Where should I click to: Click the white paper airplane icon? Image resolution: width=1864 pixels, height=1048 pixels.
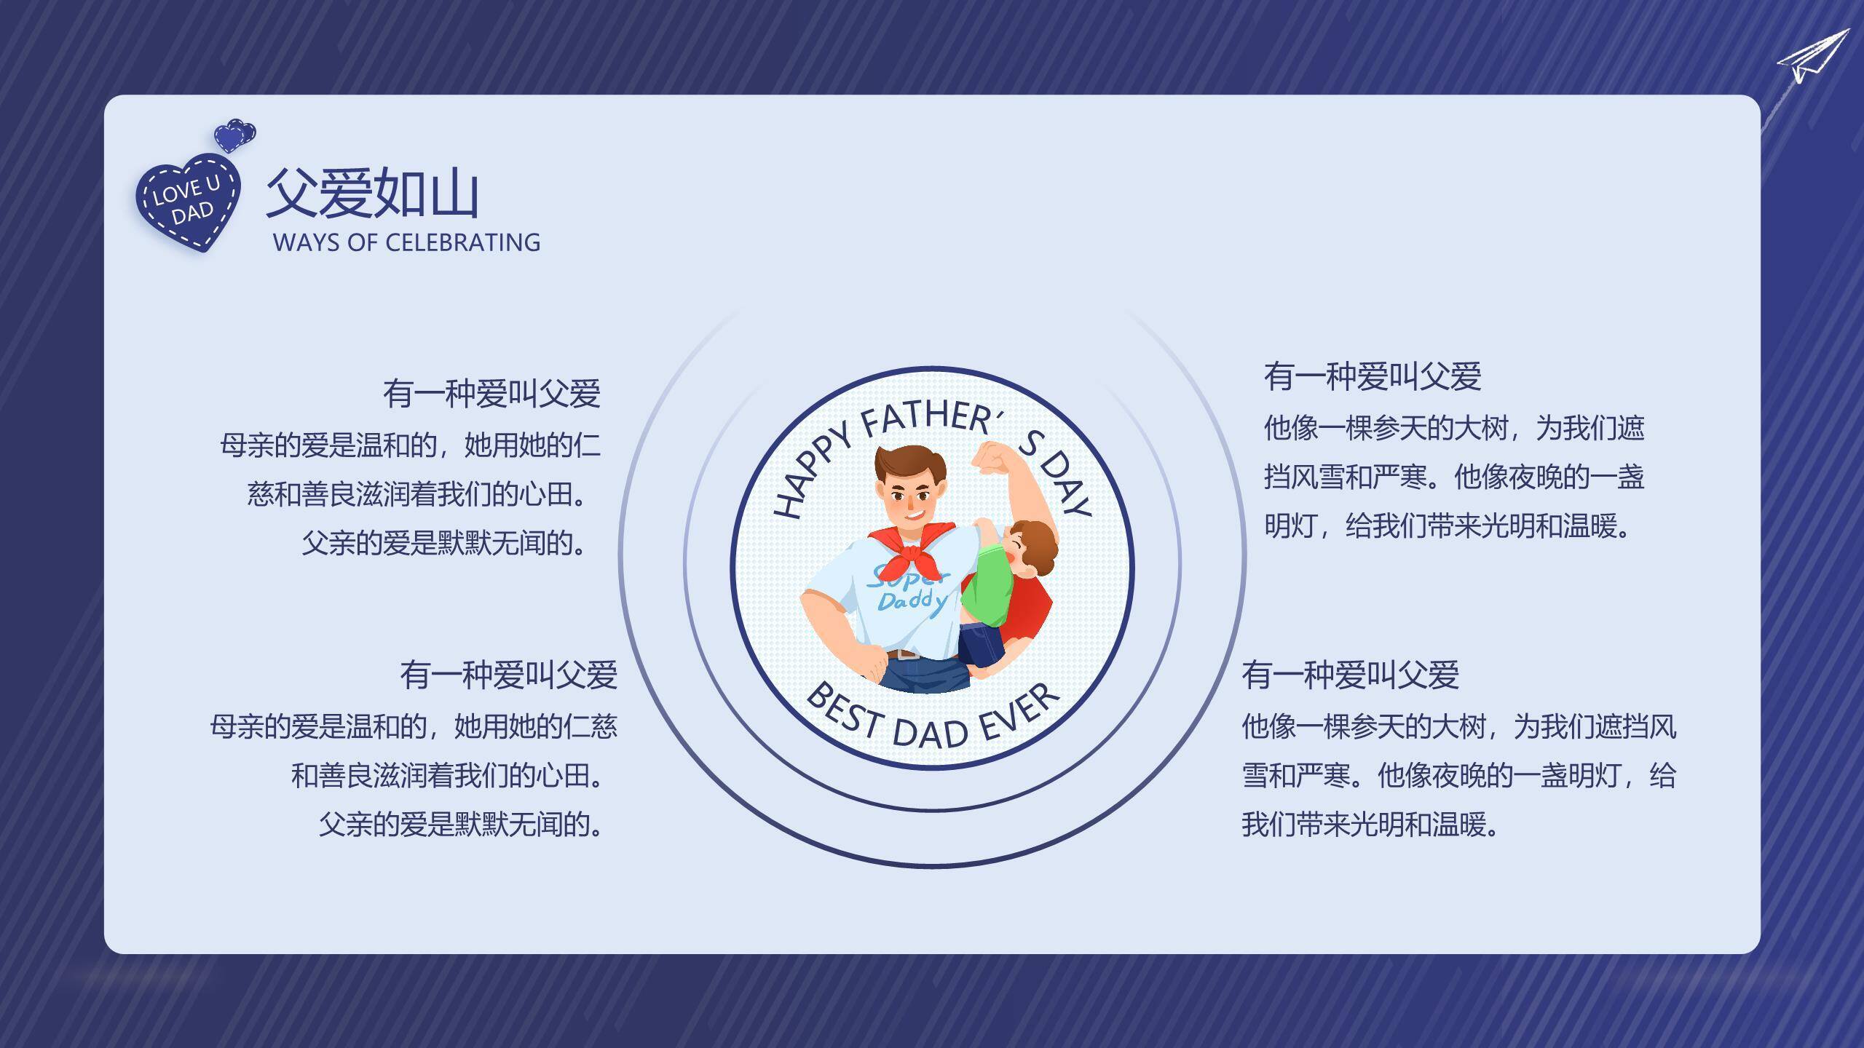click(x=1813, y=57)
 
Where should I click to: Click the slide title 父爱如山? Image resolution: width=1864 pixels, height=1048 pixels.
click(x=372, y=194)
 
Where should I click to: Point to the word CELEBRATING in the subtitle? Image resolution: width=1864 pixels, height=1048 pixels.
click(x=462, y=242)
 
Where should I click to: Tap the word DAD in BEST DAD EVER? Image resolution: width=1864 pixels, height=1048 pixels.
click(x=930, y=731)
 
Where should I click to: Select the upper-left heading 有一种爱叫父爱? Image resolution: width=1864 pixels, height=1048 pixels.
click(x=491, y=394)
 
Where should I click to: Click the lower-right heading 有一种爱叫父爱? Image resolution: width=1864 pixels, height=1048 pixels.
click(x=1350, y=675)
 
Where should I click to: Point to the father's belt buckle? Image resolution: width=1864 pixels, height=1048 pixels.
click(x=907, y=653)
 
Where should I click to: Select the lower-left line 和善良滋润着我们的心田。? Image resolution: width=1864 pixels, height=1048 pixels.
click(x=447, y=776)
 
